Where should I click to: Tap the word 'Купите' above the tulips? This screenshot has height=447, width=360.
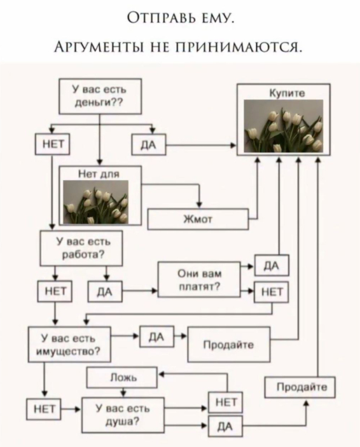coord(287,93)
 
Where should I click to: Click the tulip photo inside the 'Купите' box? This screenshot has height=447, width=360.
coord(284,127)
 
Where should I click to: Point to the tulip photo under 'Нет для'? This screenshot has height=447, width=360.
coord(95,202)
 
